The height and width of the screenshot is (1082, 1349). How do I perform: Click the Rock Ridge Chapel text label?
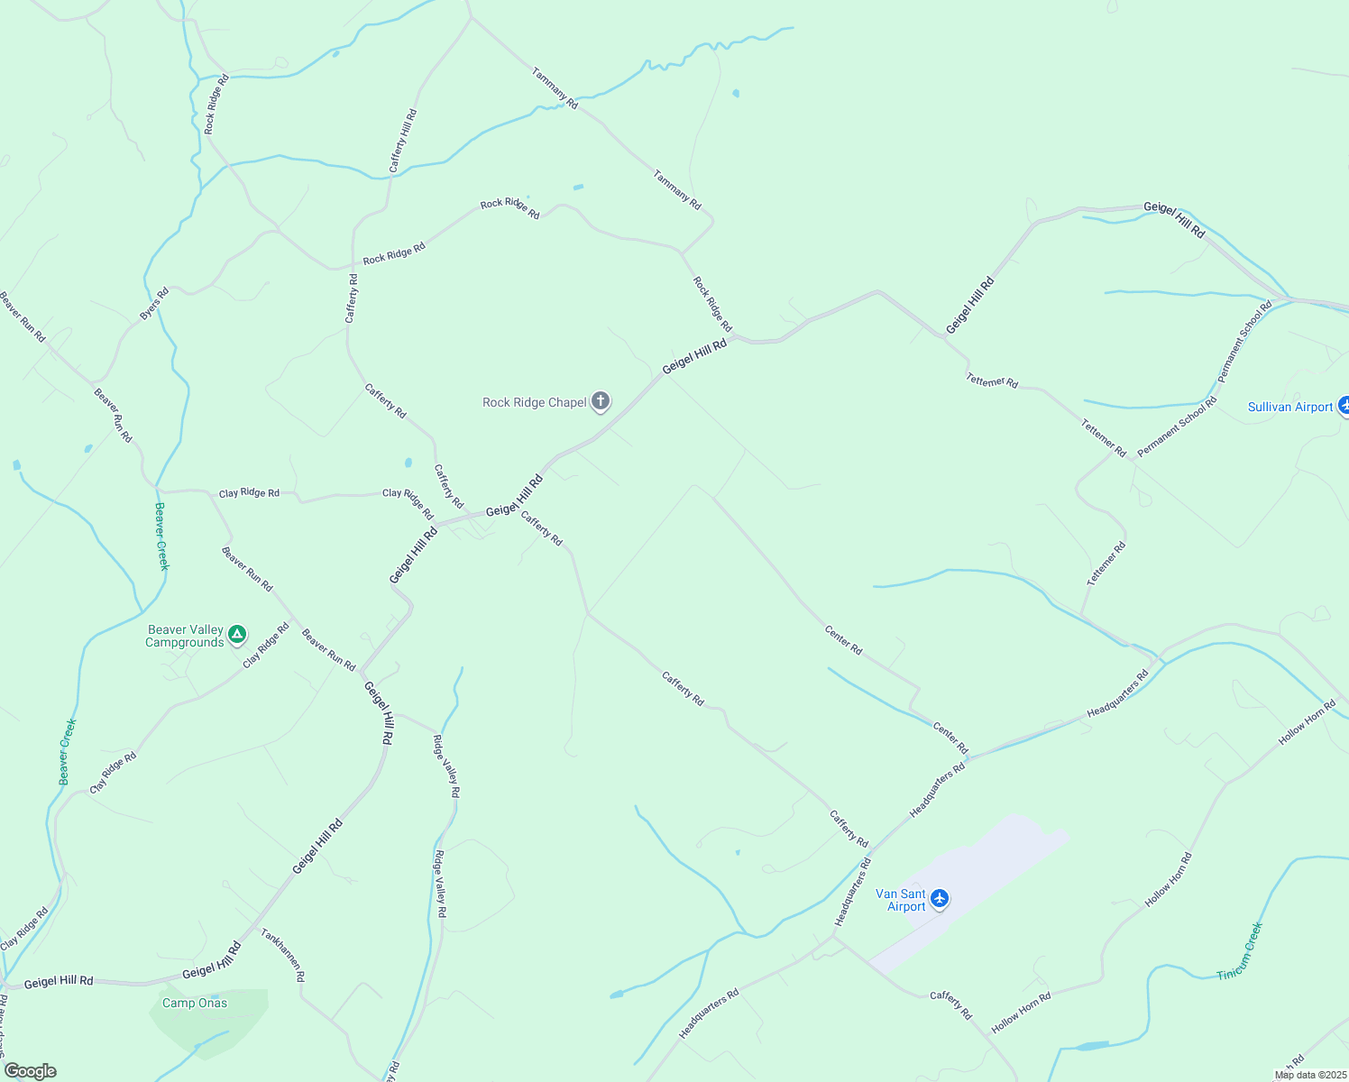(x=535, y=403)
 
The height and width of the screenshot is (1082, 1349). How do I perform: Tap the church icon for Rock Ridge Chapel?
(x=601, y=402)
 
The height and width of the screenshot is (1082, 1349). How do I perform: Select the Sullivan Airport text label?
(x=1289, y=408)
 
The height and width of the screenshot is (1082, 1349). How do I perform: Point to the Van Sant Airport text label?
(x=901, y=901)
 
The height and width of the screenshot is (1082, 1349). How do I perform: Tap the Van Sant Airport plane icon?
(x=940, y=898)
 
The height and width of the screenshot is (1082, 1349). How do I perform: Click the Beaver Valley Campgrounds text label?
(x=185, y=637)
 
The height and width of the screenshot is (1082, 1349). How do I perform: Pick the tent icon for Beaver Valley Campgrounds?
(x=237, y=636)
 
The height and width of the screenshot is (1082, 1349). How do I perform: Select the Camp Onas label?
(x=195, y=1004)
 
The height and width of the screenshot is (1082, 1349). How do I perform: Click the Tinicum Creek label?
(x=1240, y=951)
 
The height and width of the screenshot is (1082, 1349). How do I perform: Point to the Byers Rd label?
(x=154, y=304)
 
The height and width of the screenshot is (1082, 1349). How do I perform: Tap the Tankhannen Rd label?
(x=283, y=955)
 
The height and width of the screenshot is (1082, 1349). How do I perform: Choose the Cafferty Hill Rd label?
(x=403, y=141)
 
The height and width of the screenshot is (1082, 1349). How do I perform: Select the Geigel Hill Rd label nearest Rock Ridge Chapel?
(x=694, y=357)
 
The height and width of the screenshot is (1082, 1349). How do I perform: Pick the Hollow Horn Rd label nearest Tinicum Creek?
(x=1169, y=880)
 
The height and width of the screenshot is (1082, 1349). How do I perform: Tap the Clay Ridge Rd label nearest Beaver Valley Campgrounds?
(x=266, y=645)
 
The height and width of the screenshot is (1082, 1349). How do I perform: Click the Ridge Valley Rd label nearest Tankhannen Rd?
(x=440, y=884)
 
